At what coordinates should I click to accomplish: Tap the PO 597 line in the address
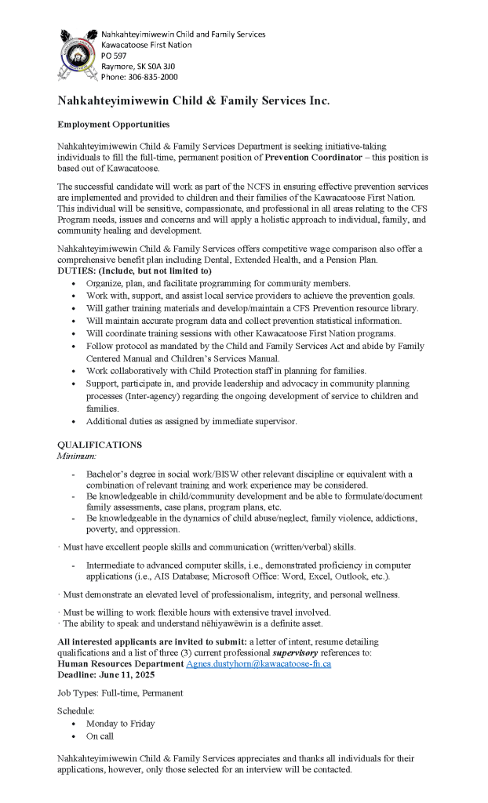[x=114, y=56]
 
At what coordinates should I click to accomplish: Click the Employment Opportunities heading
[x=113, y=125]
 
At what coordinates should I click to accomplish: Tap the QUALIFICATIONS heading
[x=100, y=445]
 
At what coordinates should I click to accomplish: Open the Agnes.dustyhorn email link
[x=258, y=663]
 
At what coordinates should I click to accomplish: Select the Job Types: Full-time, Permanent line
[x=119, y=692]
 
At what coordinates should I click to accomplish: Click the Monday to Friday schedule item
[x=121, y=724]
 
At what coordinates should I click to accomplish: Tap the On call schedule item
[x=100, y=737]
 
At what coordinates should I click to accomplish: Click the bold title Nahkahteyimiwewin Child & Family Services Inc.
[x=193, y=101]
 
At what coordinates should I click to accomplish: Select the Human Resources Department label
[x=120, y=663]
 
